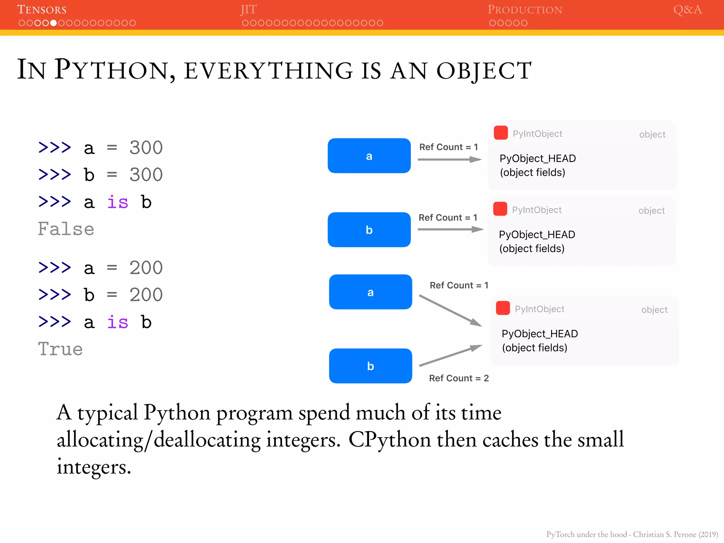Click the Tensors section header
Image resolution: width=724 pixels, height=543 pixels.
(x=42, y=10)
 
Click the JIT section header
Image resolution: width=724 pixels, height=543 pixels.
(x=249, y=10)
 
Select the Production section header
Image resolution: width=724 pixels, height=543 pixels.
(x=525, y=10)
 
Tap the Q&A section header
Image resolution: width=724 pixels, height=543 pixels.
(x=687, y=10)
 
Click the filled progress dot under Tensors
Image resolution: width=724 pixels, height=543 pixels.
(x=53, y=23)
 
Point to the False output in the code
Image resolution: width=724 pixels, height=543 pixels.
(x=66, y=229)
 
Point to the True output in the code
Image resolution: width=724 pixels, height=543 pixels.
(x=60, y=349)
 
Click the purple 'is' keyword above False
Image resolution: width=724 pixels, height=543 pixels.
(x=117, y=202)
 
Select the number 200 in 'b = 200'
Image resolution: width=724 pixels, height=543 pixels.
(x=146, y=295)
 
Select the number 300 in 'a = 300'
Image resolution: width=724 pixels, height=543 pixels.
(x=146, y=148)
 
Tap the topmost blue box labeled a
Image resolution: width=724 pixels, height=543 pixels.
(x=369, y=156)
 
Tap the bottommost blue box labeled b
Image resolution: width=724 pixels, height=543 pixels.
(x=370, y=366)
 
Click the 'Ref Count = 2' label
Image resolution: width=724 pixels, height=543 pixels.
(x=459, y=378)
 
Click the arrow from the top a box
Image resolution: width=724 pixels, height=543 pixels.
(x=449, y=160)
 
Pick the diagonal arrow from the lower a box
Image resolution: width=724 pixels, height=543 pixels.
(x=450, y=310)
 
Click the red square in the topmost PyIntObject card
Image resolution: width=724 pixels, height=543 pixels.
(x=501, y=133)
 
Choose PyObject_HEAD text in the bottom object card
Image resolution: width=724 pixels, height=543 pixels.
(x=539, y=334)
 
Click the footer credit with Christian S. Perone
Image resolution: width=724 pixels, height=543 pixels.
(x=632, y=534)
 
